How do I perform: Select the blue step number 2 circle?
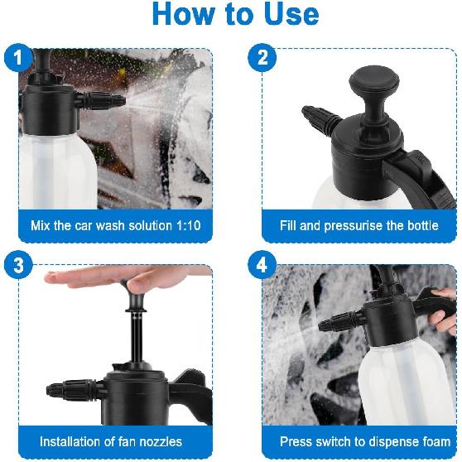coord(262,58)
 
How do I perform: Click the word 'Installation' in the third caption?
coord(74,441)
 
